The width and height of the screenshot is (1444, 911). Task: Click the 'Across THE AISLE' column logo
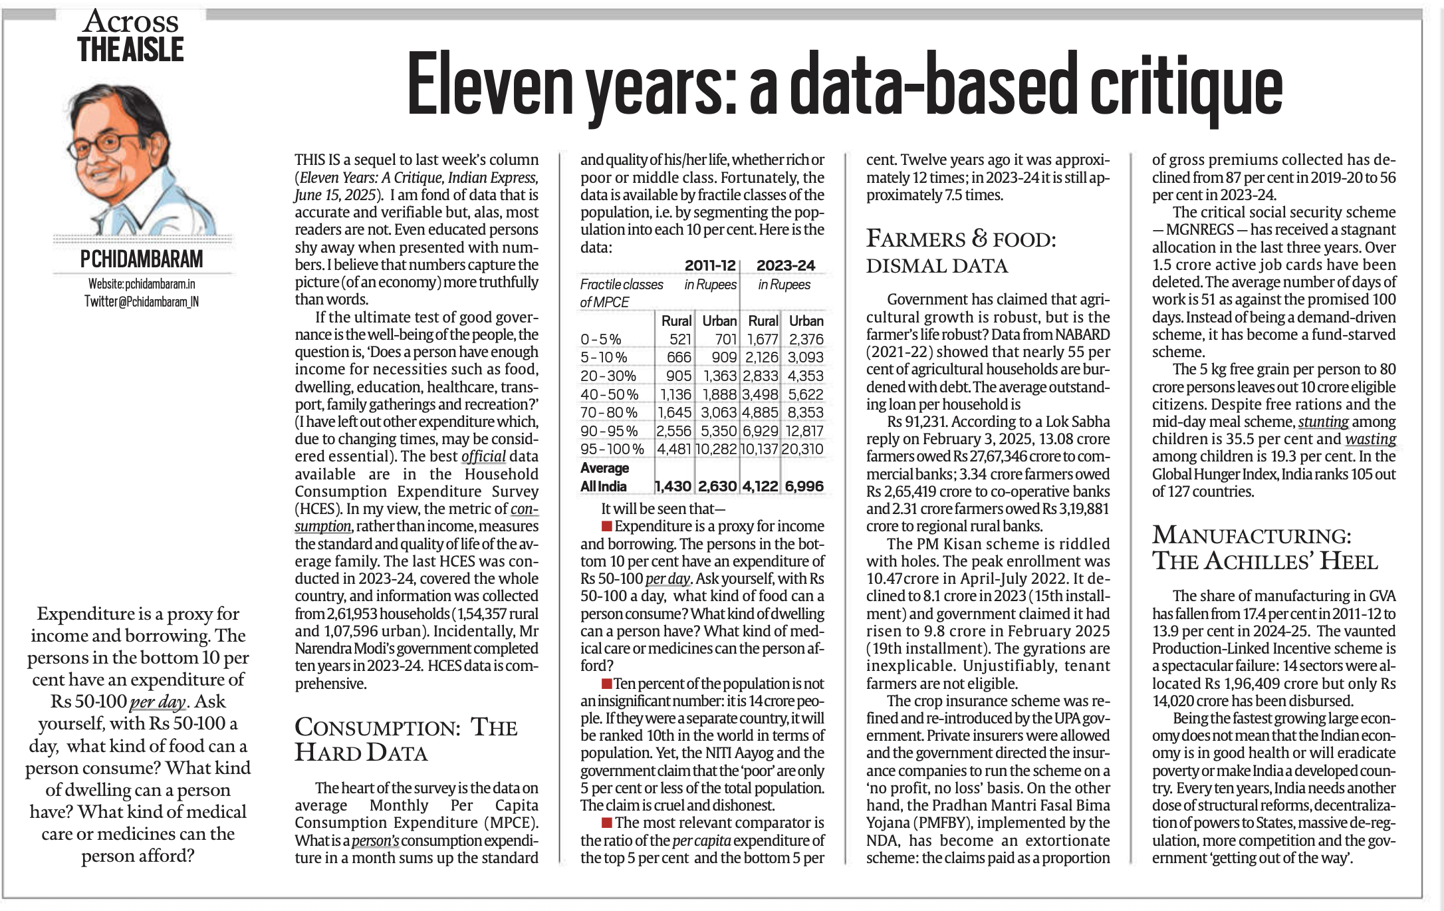click(131, 37)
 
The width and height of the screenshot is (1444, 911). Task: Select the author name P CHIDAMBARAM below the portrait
click(142, 259)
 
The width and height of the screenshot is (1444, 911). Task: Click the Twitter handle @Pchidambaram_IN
click(142, 301)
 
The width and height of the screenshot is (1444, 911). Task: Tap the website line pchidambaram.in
click(142, 284)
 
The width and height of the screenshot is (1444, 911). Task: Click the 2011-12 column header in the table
click(710, 265)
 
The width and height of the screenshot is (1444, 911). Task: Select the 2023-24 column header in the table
click(785, 265)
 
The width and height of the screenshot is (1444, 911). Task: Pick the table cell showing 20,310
click(802, 449)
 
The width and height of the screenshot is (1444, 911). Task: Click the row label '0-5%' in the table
click(600, 339)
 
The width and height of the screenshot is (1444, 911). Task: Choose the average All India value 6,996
click(804, 486)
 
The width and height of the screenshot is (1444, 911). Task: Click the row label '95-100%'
click(612, 449)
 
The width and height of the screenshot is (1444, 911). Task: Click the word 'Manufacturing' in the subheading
click(1251, 536)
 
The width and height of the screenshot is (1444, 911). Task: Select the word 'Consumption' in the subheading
click(377, 727)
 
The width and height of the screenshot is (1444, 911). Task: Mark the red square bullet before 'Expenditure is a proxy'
click(606, 527)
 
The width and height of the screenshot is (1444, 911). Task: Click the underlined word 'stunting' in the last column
click(1323, 422)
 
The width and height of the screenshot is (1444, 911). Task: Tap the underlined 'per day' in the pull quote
click(157, 702)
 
